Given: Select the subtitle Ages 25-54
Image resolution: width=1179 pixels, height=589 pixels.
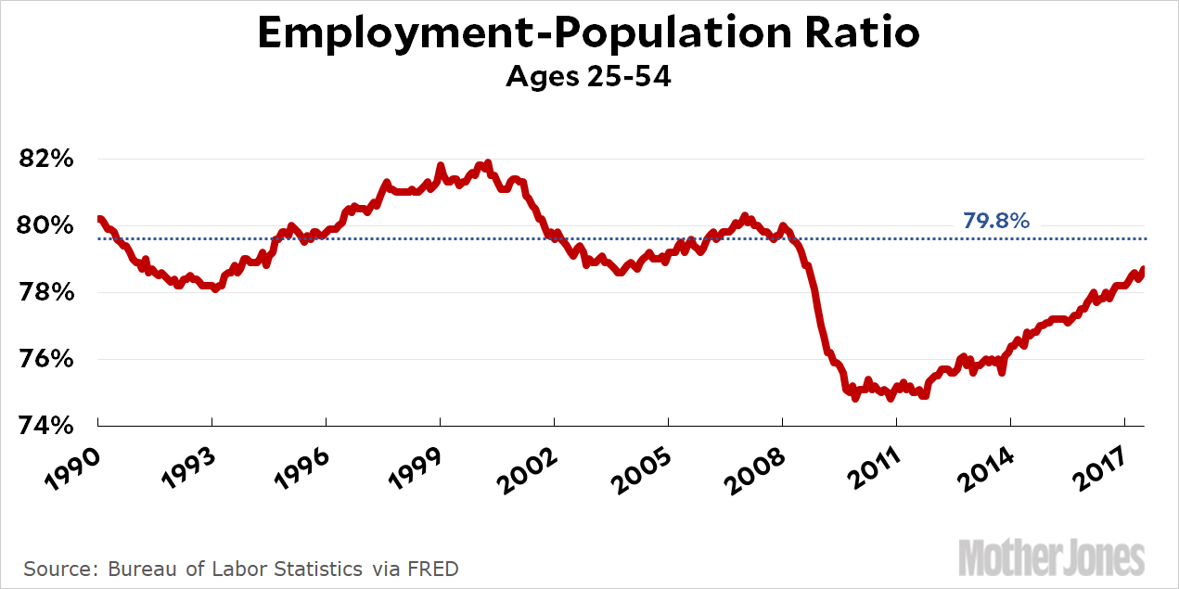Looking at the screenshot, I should (588, 76).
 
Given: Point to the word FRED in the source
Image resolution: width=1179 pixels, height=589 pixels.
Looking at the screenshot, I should (434, 568).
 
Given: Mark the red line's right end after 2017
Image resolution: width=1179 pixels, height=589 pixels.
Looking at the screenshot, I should (1143, 270).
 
